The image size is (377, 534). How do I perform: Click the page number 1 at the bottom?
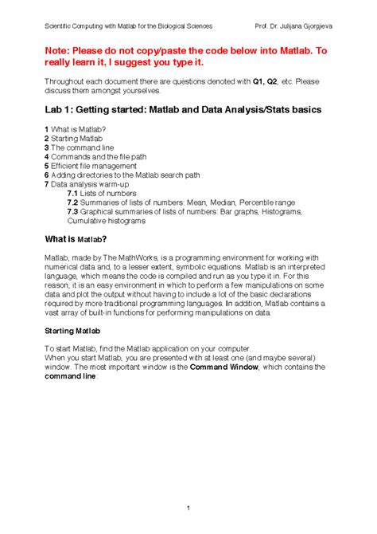pyautogui.click(x=188, y=486)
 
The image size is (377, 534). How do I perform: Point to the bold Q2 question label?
pyautogui.click(x=275, y=81)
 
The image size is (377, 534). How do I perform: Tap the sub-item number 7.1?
pyautogui.click(x=72, y=193)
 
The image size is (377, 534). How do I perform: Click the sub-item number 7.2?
pyautogui.click(x=72, y=202)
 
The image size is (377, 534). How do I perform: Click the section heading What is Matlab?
pyautogui.click(x=76, y=238)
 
